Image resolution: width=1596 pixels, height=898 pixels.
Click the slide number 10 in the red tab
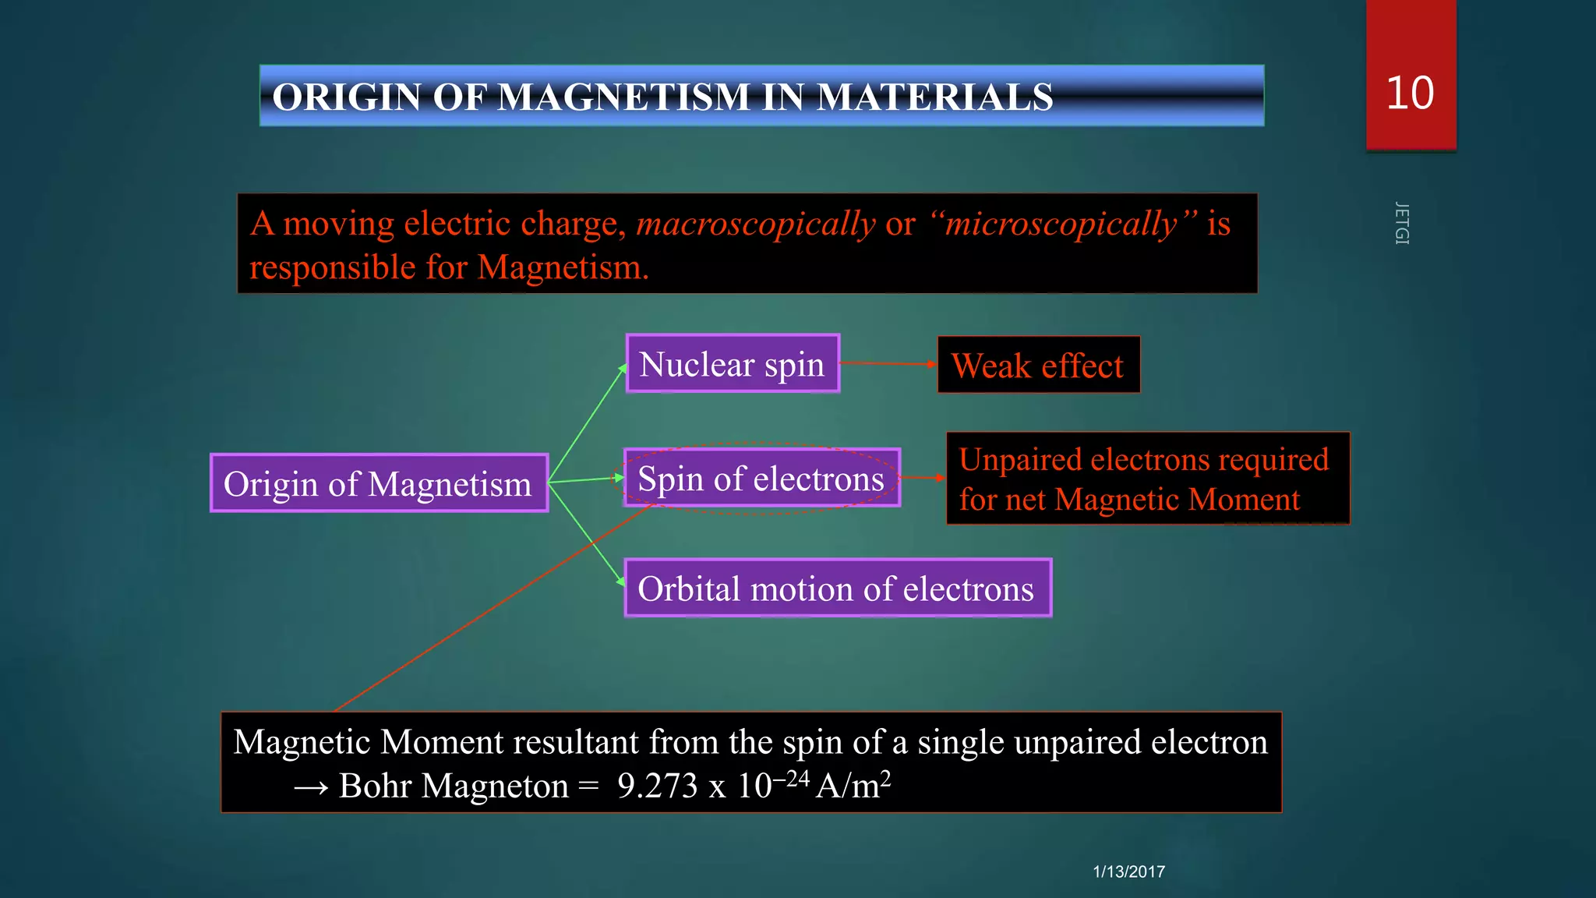(x=1410, y=93)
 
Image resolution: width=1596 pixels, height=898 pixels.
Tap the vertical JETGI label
(x=1401, y=224)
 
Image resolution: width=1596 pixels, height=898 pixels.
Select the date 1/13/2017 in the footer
(x=1128, y=871)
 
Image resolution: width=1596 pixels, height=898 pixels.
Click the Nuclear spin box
(x=732, y=364)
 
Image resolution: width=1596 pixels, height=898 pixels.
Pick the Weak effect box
(x=1038, y=365)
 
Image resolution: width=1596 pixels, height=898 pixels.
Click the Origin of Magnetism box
(x=379, y=483)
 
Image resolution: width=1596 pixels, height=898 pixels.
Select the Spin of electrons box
(x=761, y=478)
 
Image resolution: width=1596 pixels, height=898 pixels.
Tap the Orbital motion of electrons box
(x=837, y=589)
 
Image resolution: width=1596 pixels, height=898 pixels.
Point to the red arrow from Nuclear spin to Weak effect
(x=888, y=363)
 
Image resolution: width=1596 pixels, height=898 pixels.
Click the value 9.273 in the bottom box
(x=657, y=786)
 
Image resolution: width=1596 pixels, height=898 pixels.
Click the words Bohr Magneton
(x=454, y=786)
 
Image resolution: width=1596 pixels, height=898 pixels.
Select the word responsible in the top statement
(x=332, y=267)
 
